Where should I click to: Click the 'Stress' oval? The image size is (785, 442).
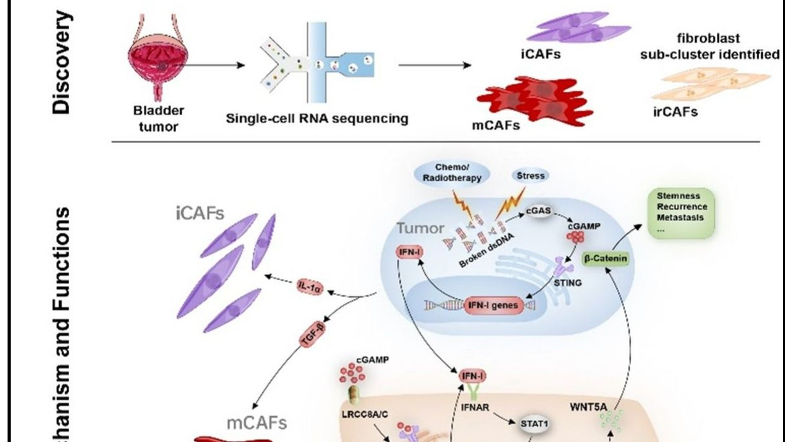(530, 176)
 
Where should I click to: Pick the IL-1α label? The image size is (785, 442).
(309, 288)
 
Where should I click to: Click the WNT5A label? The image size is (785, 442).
(589, 407)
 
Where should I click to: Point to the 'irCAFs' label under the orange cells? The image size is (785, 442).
(676, 113)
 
